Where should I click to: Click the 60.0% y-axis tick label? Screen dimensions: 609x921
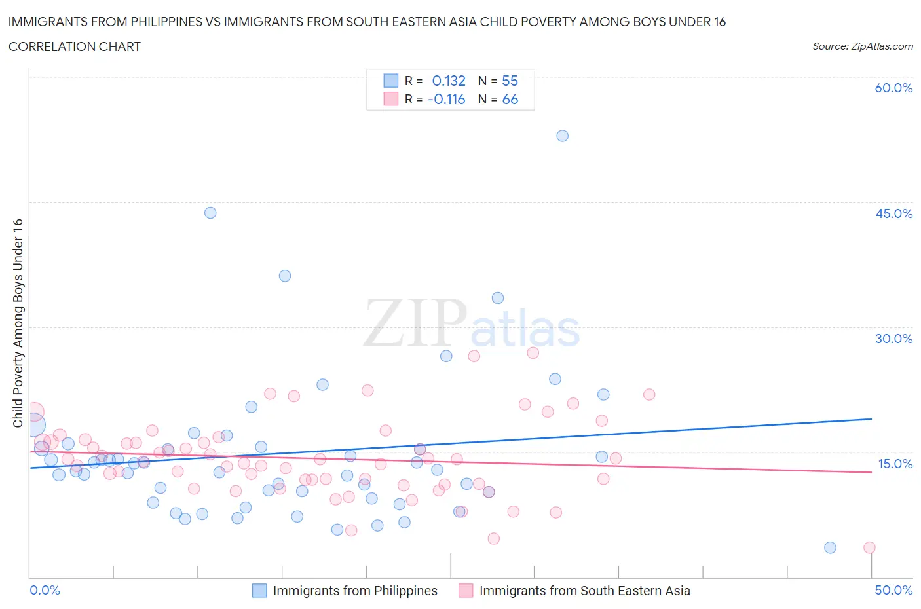(x=893, y=88)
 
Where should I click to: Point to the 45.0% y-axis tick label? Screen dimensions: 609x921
(x=893, y=213)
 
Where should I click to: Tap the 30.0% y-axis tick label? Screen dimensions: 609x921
(x=893, y=339)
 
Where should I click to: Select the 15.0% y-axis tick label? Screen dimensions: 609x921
(x=895, y=464)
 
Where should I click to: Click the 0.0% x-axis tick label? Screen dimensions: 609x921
(x=45, y=590)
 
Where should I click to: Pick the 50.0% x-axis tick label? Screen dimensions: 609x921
(x=893, y=590)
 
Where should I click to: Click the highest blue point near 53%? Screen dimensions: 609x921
(x=562, y=136)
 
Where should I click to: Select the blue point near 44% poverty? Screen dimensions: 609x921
(x=210, y=213)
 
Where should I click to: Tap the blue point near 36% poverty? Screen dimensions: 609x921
(x=285, y=276)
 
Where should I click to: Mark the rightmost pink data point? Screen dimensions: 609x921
(x=869, y=547)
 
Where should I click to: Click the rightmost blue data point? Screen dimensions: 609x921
(x=830, y=547)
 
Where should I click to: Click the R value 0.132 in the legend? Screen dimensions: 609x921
(x=449, y=81)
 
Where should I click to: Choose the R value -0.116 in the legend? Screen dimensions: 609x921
(x=446, y=99)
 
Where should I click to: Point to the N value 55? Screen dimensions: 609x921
(x=510, y=81)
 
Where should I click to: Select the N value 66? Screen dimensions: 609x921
(x=510, y=99)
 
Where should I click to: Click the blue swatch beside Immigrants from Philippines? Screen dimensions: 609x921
(x=259, y=591)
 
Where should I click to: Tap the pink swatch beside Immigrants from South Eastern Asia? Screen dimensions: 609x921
(x=466, y=591)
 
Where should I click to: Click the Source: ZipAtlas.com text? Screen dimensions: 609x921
(x=862, y=46)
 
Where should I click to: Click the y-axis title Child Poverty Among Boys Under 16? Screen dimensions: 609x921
(x=18, y=323)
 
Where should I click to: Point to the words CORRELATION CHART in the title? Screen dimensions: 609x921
(x=75, y=46)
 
